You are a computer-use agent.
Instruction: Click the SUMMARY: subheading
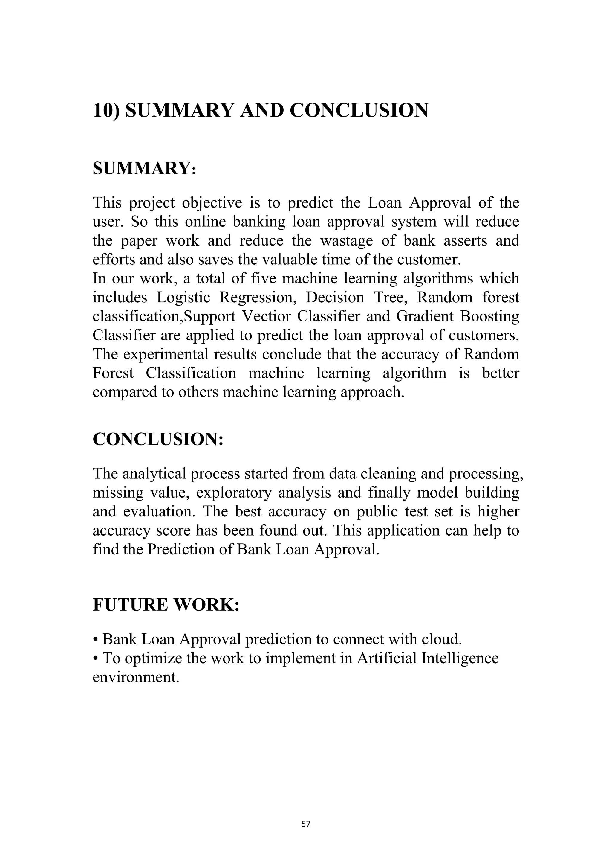coord(144,168)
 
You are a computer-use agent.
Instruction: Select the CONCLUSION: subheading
coord(158,439)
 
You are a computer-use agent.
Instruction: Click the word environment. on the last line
coord(136,677)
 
